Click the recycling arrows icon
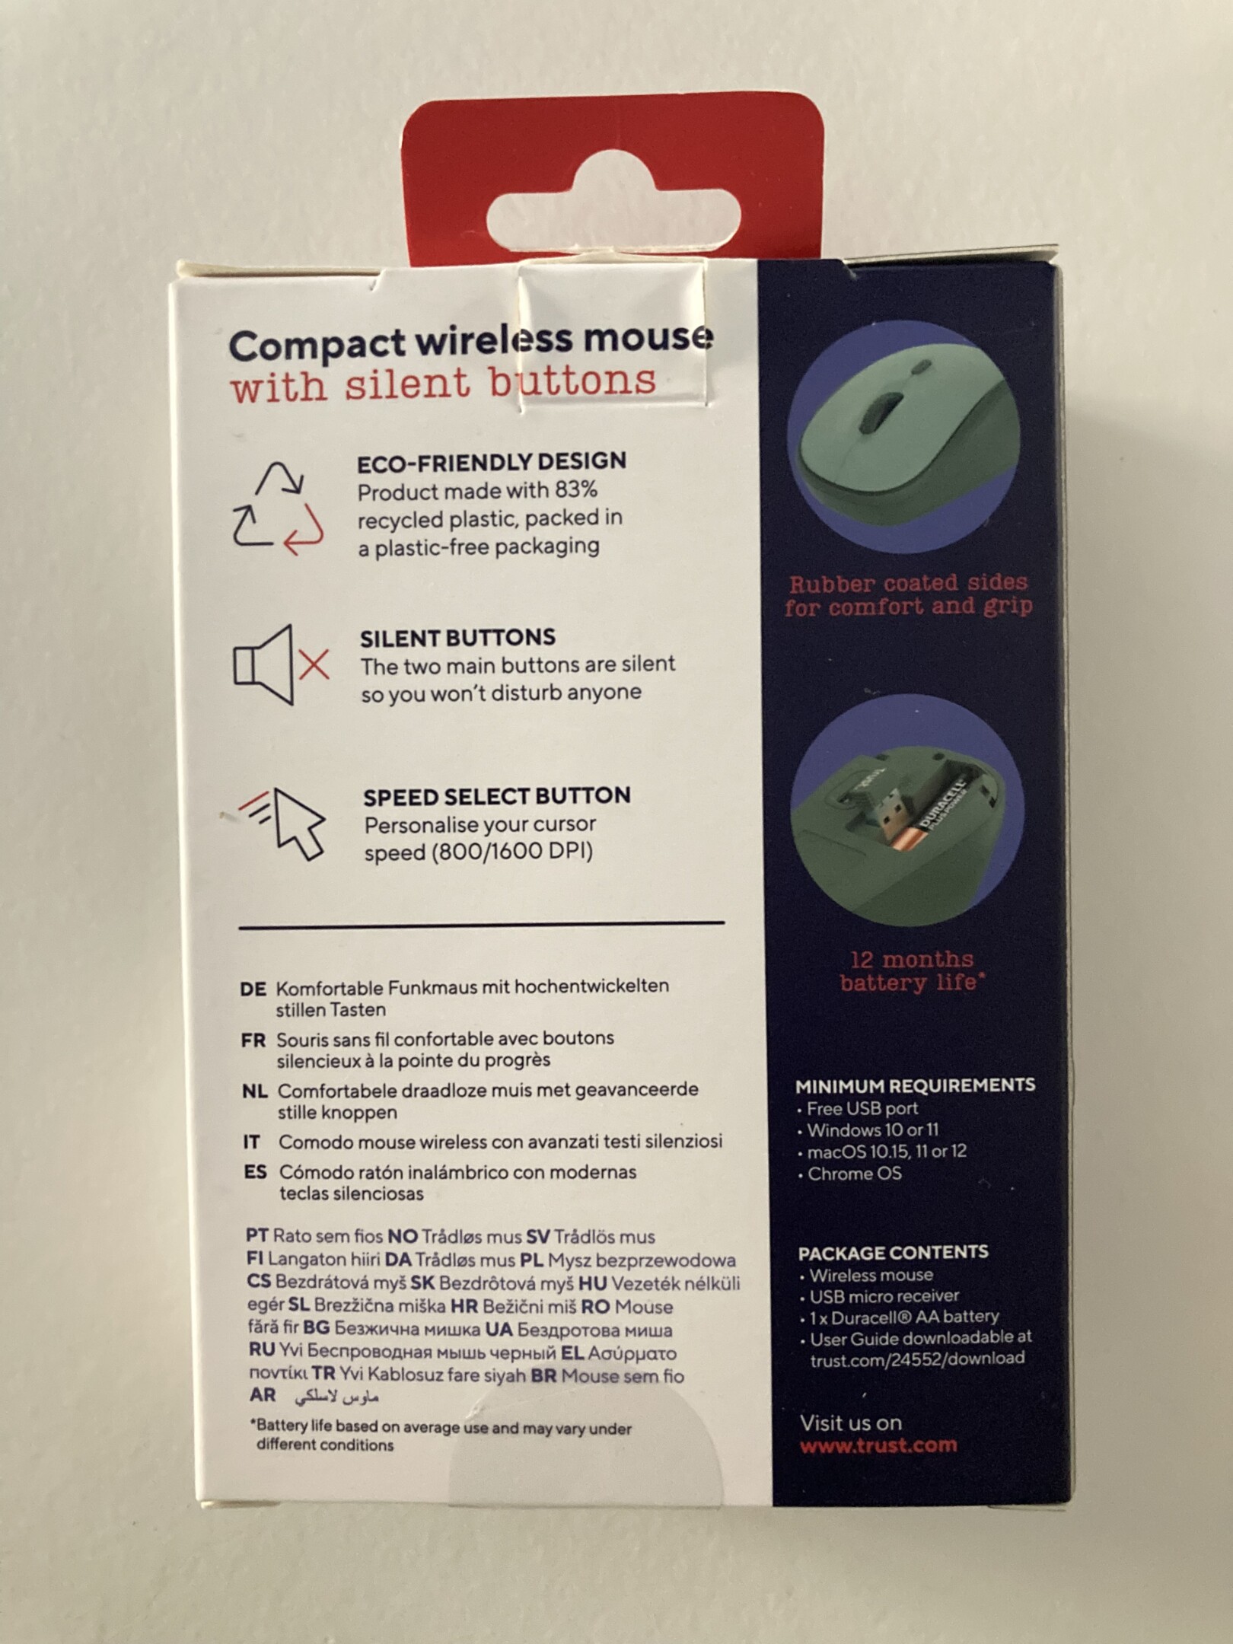pos(278,508)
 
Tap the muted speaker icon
pos(281,664)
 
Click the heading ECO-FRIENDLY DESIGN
pos(492,462)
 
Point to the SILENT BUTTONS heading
pos(457,638)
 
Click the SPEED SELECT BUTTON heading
pos(497,796)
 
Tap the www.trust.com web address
pos(878,1445)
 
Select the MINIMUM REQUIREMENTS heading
pos(915,1085)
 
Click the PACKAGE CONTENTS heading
pos(893,1252)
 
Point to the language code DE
pos(253,989)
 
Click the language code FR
pos(253,1040)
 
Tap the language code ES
pos(255,1171)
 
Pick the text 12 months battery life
pos(912,970)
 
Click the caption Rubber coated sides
pos(908,584)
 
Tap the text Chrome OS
pos(854,1174)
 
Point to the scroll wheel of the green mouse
pos(879,411)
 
